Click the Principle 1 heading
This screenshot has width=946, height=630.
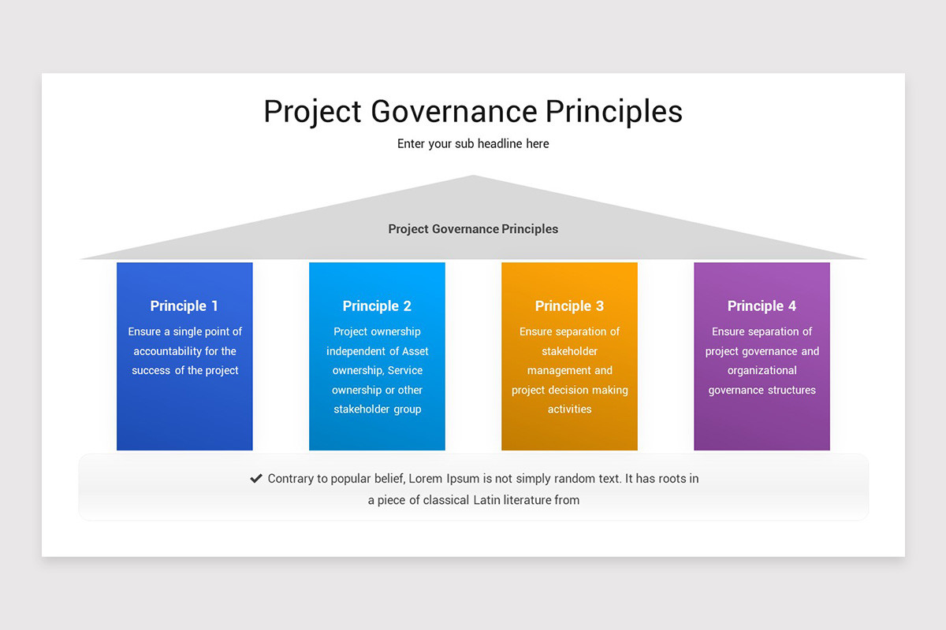click(x=184, y=306)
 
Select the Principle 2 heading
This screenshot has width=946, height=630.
click(x=377, y=306)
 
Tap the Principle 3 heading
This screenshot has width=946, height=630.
click(x=569, y=306)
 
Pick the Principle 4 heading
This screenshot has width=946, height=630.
click(x=762, y=306)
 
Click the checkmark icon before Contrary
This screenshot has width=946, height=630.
click(x=256, y=478)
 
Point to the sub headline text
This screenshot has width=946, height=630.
click(x=473, y=143)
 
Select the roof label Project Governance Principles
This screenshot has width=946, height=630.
click(x=473, y=229)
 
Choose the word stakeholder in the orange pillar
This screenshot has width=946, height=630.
click(x=569, y=351)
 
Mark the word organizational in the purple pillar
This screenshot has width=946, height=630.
click(x=762, y=370)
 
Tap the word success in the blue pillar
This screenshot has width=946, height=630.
click(x=151, y=370)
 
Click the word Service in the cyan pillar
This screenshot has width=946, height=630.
click(x=405, y=370)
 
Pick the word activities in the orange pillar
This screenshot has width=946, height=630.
click(x=569, y=409)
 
